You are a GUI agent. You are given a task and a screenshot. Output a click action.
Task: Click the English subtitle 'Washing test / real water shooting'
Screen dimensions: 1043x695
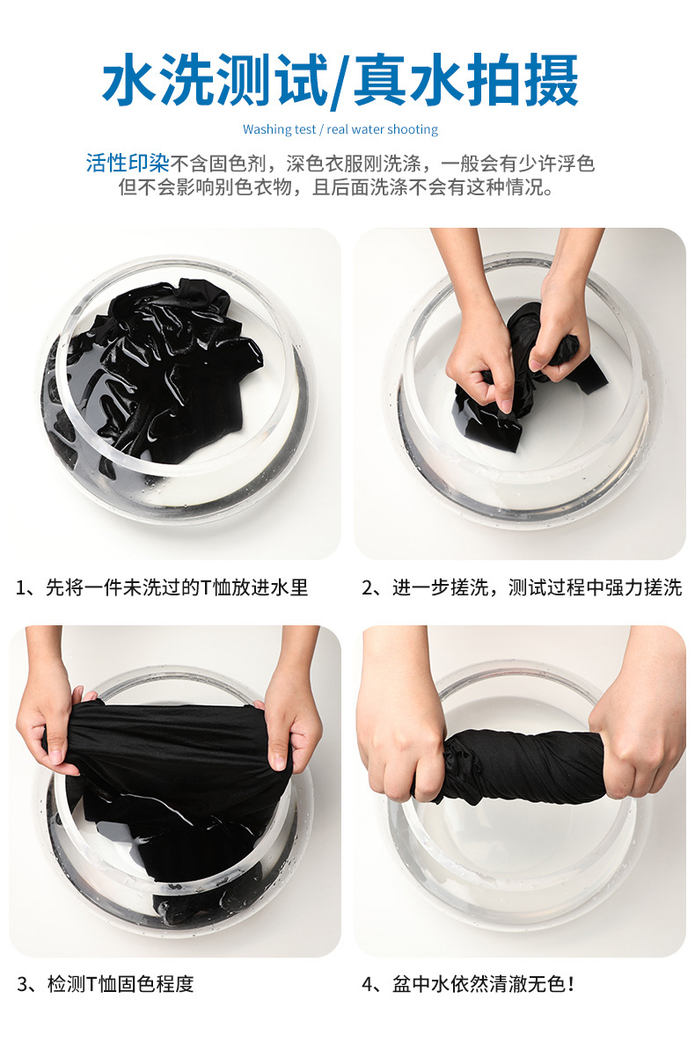click(340, 129)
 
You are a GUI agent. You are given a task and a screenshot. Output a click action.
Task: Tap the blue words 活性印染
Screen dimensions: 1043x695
click(127, 164)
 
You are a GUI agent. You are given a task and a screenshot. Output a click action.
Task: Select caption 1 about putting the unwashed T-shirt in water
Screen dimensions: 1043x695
click(162, 587)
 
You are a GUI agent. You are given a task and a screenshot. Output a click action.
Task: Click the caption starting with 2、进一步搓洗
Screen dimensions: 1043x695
click(522, 587)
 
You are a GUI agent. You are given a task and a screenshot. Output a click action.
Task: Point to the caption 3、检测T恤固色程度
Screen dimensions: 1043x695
click(105, 983)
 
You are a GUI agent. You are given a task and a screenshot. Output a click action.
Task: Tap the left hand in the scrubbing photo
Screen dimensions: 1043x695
click(479, 352)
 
